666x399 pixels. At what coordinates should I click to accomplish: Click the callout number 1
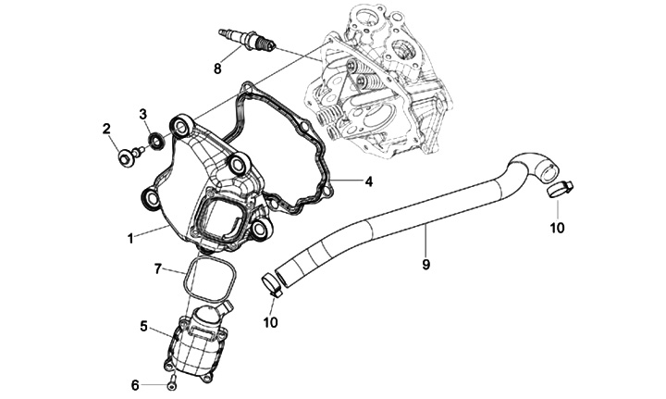(130, 238)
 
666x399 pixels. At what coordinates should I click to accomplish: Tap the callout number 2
(106, 129)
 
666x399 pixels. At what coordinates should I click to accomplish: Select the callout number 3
(143, 114)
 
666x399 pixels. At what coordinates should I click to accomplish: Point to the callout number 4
(368, 181)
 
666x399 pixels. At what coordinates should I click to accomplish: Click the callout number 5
(144, 326)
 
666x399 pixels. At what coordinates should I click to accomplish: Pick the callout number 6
(134, 384)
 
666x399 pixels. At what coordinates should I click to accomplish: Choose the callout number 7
(158, 268)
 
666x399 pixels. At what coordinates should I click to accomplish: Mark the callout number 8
(217, 69)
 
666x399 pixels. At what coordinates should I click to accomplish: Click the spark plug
(247, 40)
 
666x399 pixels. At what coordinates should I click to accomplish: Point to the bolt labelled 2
(125, 156)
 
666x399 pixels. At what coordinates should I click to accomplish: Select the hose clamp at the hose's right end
(558, 190)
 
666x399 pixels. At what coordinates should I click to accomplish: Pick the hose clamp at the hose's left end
(270, 283)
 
